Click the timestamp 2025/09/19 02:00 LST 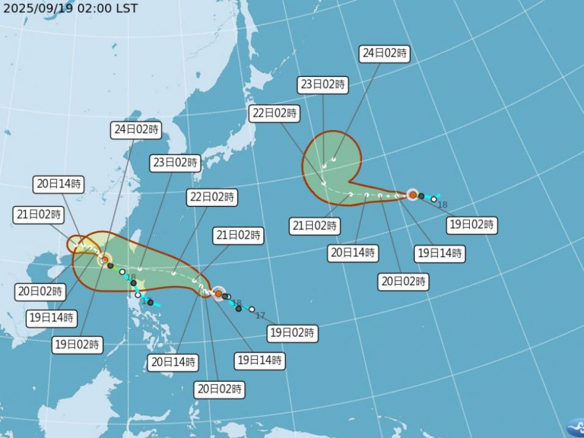click(x=70, y=9)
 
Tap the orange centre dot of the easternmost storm click(x=413, y=195)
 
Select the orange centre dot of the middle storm click(x=218, y=294)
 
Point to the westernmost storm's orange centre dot click(x=105, y=260)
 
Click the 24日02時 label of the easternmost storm click(x=385, y=53)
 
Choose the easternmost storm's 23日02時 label click(x=323, y=85)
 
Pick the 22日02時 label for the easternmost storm click(x=274, y=113)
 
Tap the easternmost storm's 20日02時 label click(x=404, y=281)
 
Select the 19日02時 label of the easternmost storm click(x=471, y=224)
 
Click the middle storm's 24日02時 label click(x=136, y=130)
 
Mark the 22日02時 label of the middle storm click(x=212, y=197)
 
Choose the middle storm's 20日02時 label click(x=219, y=389)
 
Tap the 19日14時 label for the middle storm click(x=259, y=360)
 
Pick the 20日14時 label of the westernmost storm click(x=59, y=184)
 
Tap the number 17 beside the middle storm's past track click(x=260, y=315)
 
